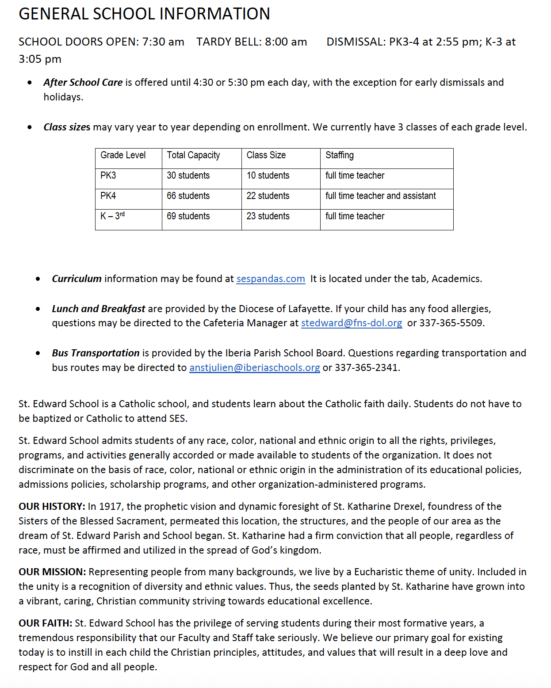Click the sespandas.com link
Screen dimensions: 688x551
pos(271,279)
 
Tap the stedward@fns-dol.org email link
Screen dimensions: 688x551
pos(352,323)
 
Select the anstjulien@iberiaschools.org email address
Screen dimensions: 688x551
pos(254,368)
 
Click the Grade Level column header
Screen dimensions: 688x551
pos(123,155)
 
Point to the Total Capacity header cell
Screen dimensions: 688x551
pos(193,155)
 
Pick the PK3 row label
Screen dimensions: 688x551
pos(108,176)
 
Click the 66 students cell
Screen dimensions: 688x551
pos(188,196)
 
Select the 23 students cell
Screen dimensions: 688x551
pos(268,216)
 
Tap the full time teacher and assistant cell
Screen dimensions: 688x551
pos(380,196)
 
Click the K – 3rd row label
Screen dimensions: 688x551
pos(112,216)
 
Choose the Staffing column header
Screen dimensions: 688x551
pos(340,155)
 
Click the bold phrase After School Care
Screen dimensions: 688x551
pos(83,83)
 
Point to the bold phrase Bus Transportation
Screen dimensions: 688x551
pos(96,353)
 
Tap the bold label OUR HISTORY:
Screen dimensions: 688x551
pos(52,506)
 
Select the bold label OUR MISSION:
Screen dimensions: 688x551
pos(52,572)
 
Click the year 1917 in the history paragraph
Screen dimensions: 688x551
pos(110,506)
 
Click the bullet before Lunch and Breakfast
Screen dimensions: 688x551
pos(38,309)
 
